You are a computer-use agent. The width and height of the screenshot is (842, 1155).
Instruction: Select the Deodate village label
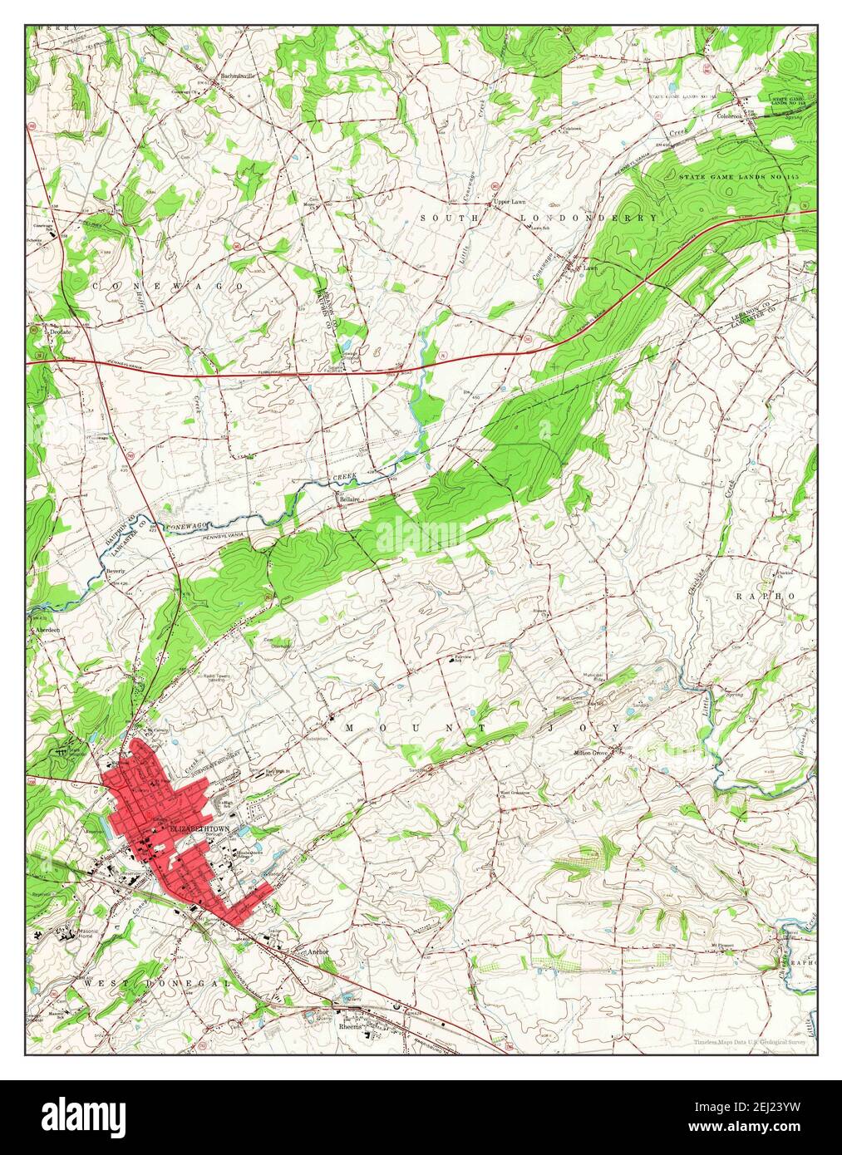(x=62, y=331)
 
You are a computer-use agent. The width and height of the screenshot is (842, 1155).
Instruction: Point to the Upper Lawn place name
(x=510, y=202)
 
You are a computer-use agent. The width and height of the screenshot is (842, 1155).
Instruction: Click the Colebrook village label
(x=730, y=116)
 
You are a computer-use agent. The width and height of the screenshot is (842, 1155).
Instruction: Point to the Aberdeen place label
(x=47, y=630)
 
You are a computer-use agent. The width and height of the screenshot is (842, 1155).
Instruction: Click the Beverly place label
(x=115, y=572)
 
